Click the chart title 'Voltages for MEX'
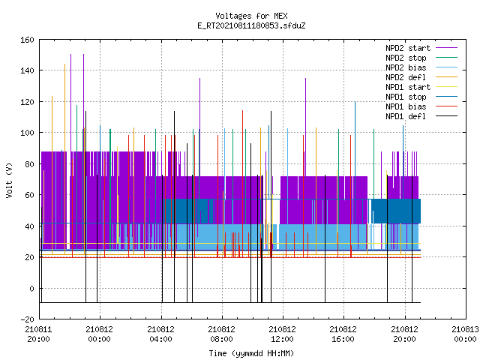tap(251, 16)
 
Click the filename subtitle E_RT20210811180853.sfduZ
tap(251, 25)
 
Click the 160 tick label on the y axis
tap(27, 40)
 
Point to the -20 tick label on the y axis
tap(27, 319)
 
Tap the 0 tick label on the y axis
tap(31, 289)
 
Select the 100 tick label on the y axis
tap(27, 133)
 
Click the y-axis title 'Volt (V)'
tap(9, 181)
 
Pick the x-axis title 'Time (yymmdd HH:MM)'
tap(251, 353)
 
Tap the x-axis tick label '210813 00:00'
tap(465, 334)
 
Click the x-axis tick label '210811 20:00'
tap(38, 334)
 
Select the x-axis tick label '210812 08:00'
tap(221, 334)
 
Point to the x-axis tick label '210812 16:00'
tap(343, 334)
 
